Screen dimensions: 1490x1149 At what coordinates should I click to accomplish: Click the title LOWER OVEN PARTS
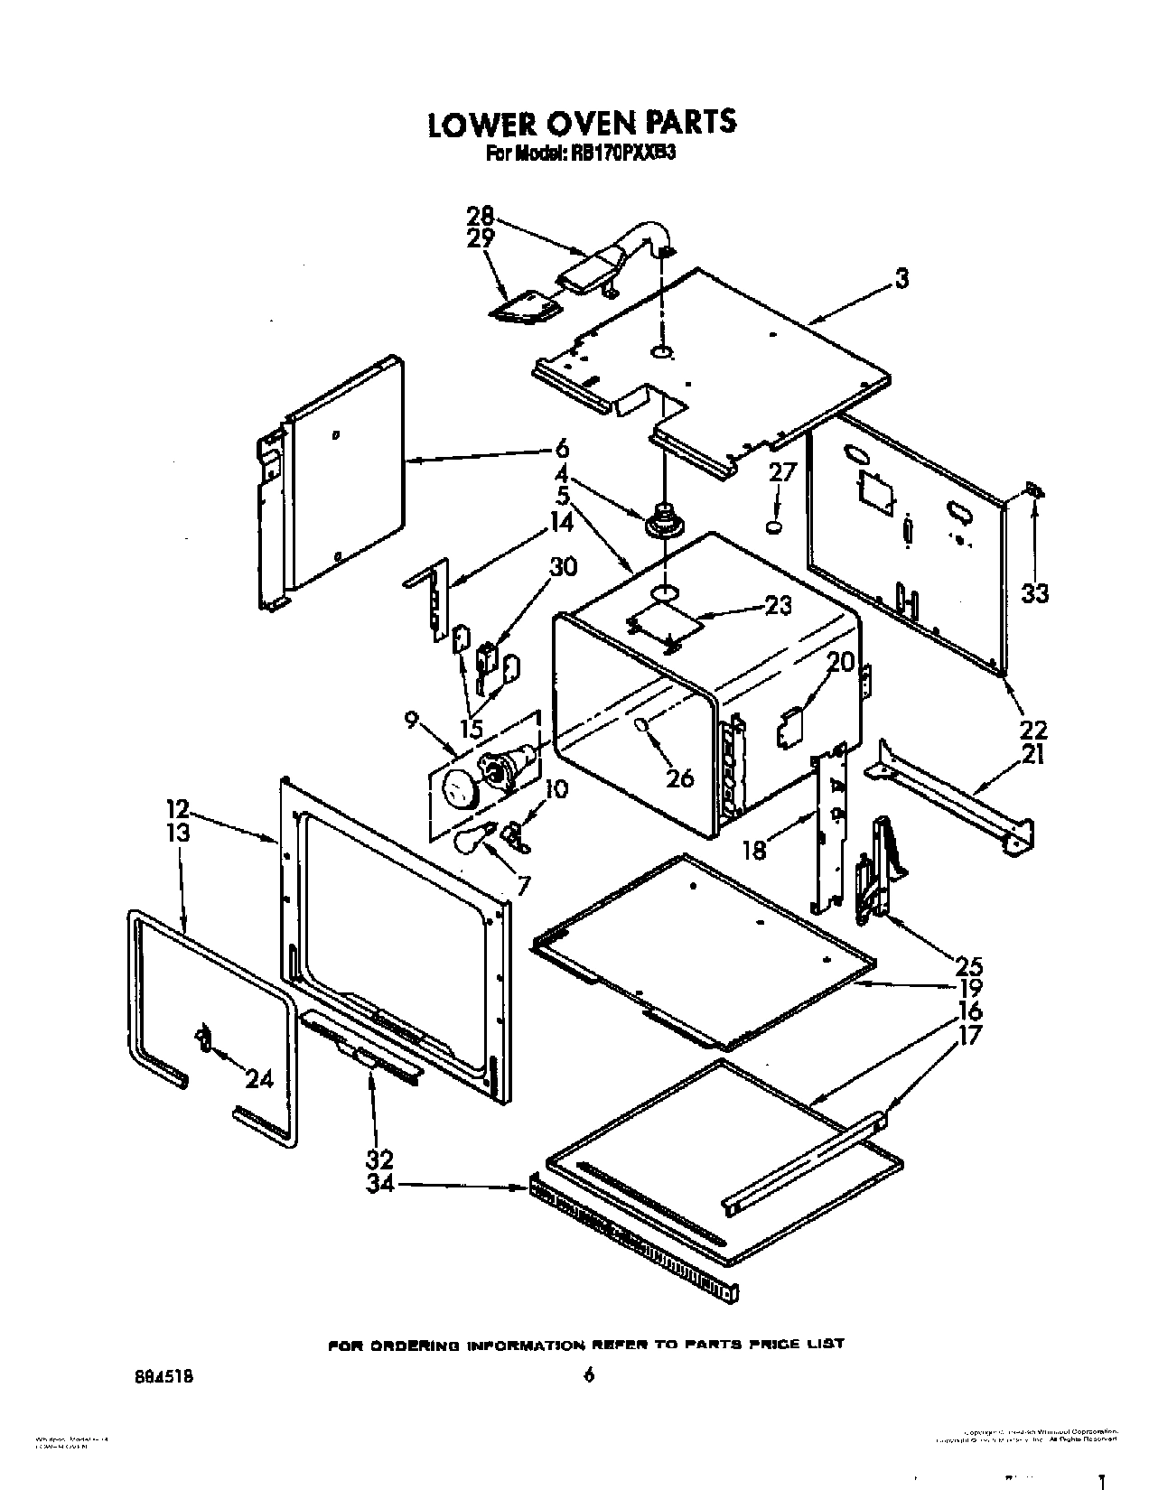pyautogui.click(x=581, y=123)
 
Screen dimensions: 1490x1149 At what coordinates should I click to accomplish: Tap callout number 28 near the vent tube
pyautogui.click(x=481, y=216)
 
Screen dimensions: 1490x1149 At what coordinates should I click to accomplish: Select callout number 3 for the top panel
pyautogui.click(x=901, y=279)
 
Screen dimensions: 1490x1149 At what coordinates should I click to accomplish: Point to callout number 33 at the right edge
pyautogui.click(x=1035, y=593)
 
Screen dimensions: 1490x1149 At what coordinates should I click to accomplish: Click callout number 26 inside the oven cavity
pyautogui.click(x=679, y=776)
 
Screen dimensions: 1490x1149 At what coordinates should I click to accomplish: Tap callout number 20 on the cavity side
pyautogui.click(x=840, y=662)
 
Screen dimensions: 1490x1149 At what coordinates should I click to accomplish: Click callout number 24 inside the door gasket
pyautogui.click(x=259, y=1077)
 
